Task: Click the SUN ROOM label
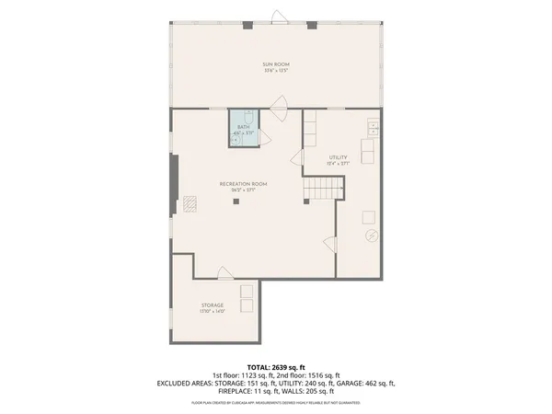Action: pos(275,63)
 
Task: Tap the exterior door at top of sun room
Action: pos(276,15)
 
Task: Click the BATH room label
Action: pos(243,127)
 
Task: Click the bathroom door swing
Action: pos(265,136)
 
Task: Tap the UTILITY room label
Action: pos(339,158)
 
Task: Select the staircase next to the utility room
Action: pos(323,190)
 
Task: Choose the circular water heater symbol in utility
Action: pos(372,236)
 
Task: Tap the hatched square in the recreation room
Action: pos(190,203)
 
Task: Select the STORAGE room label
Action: pos(213,305)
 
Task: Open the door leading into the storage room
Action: pos(224,272)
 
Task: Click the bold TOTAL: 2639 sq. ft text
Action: pos(275,366)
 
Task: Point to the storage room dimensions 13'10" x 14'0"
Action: pos(213,312)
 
